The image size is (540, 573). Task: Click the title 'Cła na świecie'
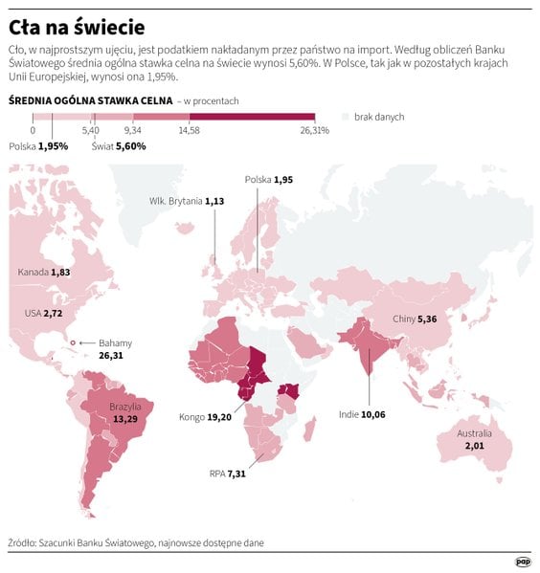click(x=77, y=28)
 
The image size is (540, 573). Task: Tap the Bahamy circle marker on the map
click(x=73, y=342)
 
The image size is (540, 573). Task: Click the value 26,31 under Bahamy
click(x=111, y=356)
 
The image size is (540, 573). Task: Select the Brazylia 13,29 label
click(x=125, y=412)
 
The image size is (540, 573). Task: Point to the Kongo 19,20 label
click(x=205, y=417)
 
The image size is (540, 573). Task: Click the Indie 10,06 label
click(x=362, y=414)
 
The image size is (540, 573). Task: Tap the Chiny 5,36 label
click(x=415, y=319)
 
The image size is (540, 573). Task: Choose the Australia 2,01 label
click(x=474, y=440)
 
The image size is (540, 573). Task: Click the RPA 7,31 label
click(x=227, y=474)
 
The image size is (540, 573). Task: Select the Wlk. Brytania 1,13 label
click(x=187, y=201)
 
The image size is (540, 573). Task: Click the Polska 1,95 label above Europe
click(x=269, y=180)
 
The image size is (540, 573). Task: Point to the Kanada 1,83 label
click(x=44, y=273)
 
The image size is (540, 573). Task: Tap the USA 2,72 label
click(x=43, y=313)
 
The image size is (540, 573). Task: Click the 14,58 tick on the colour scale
click(x=190, y=130)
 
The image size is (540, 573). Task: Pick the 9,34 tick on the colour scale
click(x=133, y=130)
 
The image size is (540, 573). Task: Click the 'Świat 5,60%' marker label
click(x=119, y=146)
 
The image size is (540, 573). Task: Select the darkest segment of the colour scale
click(x=252, y=117)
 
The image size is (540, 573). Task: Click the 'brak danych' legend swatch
click(x=346, y=117)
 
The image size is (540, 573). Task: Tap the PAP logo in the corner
click(x=523, y=562)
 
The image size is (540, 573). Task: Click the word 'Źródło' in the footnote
click(x=22, y=543)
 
